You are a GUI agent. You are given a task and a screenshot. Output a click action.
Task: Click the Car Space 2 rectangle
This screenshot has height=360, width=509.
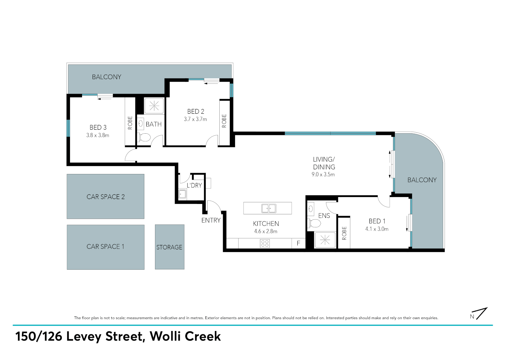pos(105,197)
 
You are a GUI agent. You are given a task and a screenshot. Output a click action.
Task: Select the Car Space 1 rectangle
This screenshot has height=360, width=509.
pos(106,247)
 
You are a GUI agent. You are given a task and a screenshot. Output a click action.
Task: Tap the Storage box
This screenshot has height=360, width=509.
pos(170,247)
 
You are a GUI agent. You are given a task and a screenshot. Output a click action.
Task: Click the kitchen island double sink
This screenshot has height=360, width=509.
pos(269,208)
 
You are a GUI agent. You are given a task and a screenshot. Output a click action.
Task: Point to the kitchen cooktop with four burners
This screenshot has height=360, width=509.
pos(265,244)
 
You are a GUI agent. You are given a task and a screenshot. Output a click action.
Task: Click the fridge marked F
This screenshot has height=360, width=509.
pos(298,243)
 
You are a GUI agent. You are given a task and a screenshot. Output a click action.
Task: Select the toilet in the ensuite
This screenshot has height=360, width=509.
pos(314,223)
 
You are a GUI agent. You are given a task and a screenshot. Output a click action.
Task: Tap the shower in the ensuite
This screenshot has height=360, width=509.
pos(325,240)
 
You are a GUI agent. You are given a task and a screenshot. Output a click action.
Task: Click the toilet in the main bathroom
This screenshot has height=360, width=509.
pos(144,137)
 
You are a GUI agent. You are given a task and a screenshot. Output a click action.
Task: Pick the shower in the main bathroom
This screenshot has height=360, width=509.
pos(154,106)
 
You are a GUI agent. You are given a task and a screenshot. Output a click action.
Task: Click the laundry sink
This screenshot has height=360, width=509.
pos(182,194)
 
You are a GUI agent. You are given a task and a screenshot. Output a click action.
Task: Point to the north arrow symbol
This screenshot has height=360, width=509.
pos(479,314)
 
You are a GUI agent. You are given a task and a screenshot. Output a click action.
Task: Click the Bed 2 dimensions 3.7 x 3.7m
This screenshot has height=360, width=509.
pos(195,119)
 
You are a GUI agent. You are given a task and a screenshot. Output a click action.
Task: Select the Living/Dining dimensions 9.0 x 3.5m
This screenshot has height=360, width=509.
pos(323,175)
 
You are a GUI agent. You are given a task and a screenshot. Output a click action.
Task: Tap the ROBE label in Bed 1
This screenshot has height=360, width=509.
pos(344,233)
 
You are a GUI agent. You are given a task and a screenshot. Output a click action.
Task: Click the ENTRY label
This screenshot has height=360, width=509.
pos(211,220)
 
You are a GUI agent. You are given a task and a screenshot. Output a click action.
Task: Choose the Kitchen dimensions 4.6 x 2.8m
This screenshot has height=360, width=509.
pos(266,231)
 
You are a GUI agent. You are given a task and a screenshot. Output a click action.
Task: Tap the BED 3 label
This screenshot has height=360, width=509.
pos(98,127)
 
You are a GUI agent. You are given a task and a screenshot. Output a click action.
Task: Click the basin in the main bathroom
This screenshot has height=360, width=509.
pos(141,124)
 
